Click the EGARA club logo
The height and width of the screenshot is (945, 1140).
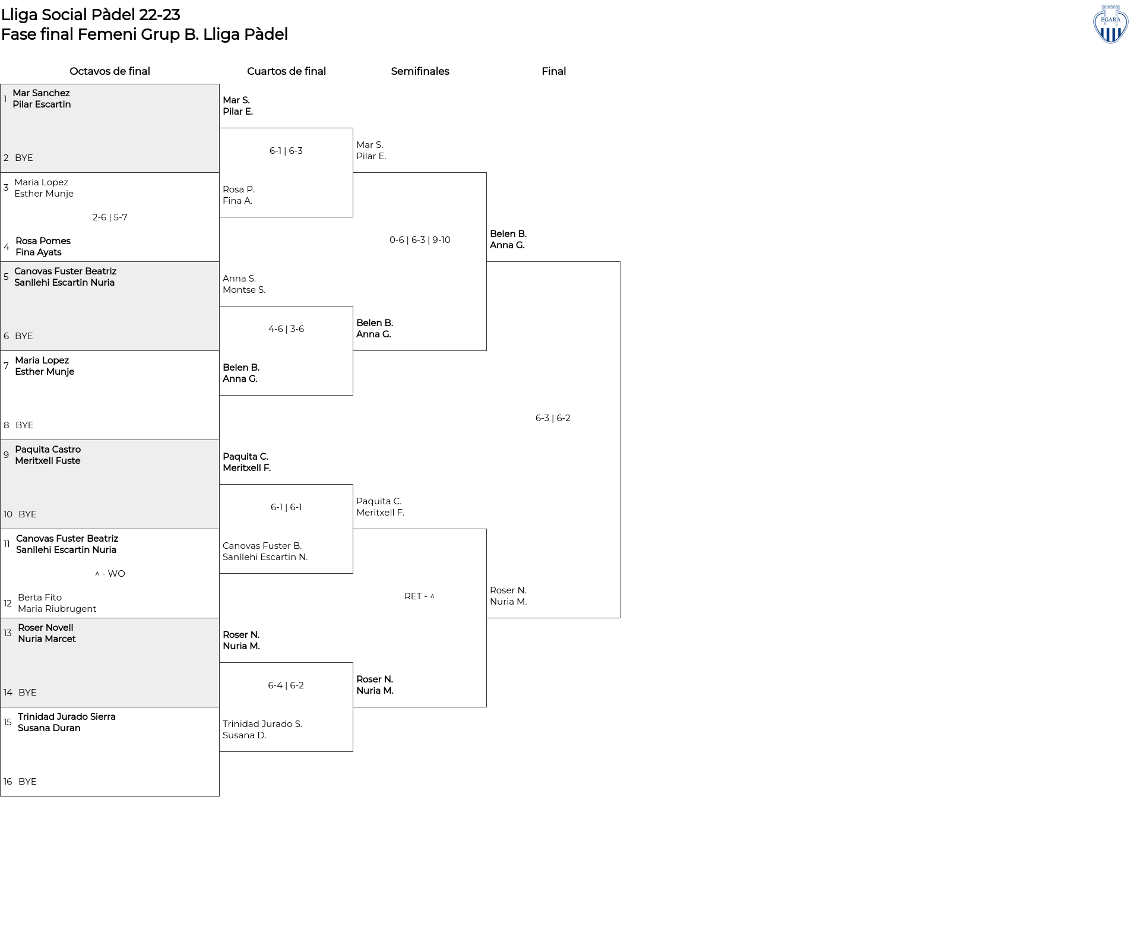[x=1110, y=24]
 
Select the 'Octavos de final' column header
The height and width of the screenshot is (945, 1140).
[x=110, y=71]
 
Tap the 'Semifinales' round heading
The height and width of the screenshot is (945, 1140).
[x=420, y=71]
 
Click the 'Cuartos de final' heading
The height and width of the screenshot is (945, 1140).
[x=286, y=71]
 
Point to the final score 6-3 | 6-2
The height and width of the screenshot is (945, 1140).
[x=553, y=418]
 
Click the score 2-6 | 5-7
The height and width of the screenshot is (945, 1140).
[x=110, y=217]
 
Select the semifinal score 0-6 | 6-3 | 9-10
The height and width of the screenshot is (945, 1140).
[x=420, y=240]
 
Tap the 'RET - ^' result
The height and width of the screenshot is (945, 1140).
[x=420, y=596]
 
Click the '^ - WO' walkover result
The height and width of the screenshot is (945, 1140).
[x=110, y=574]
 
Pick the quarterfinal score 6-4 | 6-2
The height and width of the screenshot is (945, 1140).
[x=286, y=685]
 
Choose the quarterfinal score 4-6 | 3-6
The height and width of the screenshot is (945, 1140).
[x=286, y=329]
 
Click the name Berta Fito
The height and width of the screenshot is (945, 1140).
[x=40, y=598]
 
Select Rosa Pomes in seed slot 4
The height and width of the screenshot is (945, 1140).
[x=43, y=241]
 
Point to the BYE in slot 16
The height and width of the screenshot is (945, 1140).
[x=27, y=782]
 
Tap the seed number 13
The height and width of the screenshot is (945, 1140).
[x=8, y=633]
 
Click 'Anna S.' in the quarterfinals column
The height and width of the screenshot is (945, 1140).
[x=239, y=279]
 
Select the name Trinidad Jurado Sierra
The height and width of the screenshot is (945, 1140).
[x=66, y=717]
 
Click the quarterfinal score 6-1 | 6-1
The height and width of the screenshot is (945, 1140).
[x=286, y=507]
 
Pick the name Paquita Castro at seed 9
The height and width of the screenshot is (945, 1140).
[x=48, y=450]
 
